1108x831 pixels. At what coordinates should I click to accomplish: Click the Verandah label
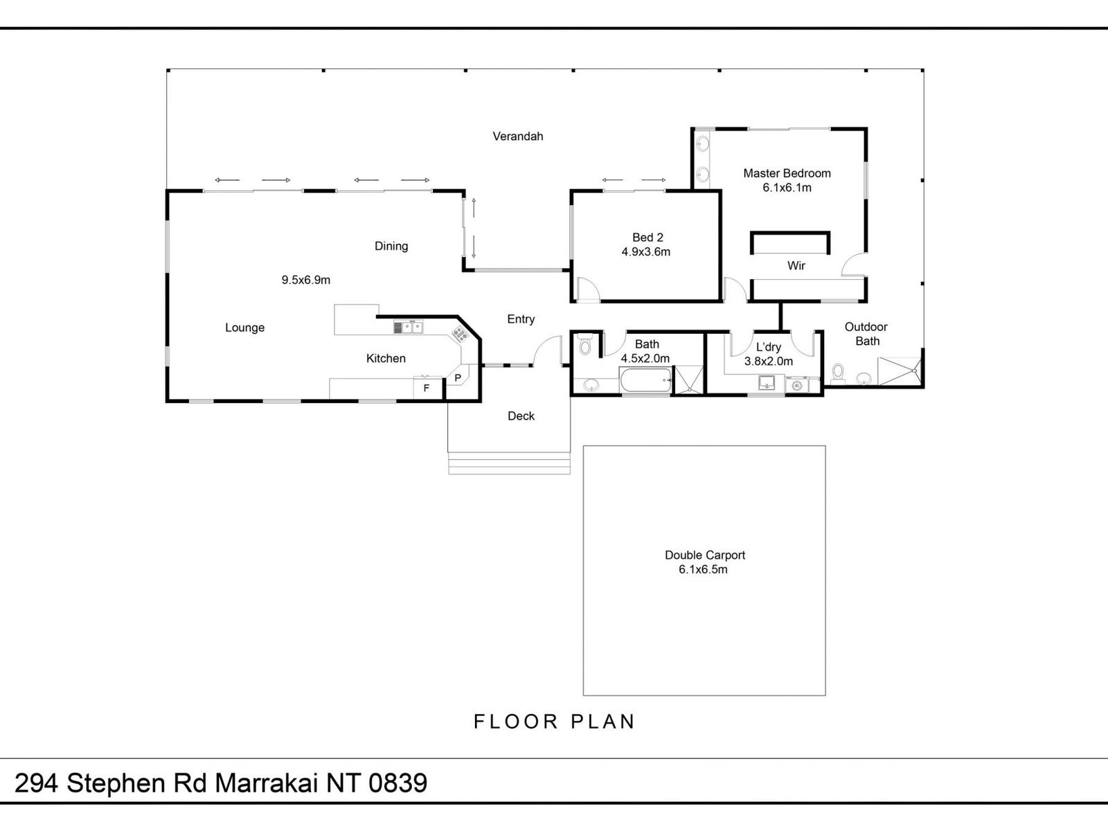click(517, 136)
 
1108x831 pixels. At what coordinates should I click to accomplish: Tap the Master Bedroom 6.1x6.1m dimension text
click(787, 188)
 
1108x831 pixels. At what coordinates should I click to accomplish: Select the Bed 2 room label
click(647, 238)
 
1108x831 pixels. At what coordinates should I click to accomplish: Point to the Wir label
click(796, 265)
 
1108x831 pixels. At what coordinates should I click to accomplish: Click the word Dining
click(391, 246)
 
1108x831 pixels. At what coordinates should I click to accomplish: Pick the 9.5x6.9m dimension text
click(305, 280)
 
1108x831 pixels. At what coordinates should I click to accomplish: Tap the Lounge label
click(244, 328)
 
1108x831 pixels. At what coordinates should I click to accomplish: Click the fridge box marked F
click(427, 388)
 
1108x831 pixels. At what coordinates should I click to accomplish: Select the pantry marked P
click(458, 378)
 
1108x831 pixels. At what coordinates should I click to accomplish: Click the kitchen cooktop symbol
click(459, 334)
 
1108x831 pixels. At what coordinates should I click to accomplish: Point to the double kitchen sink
click(409, 326)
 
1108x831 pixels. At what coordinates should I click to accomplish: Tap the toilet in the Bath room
click(585, 345)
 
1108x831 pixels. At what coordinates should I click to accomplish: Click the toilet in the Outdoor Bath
click(837, 373)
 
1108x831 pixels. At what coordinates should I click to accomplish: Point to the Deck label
click(521, 415)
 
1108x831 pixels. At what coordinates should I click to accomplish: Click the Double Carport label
click(704, 555)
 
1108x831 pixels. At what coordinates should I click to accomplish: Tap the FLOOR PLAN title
click(554, 722)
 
